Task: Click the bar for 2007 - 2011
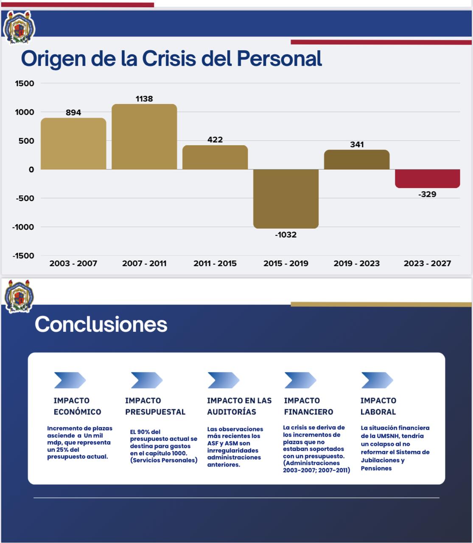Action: point(144,137)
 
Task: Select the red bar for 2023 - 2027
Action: point(428,178)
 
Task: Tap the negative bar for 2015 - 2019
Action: point(286,199)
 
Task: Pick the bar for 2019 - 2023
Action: point(357,160)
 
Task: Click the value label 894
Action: point(73,112)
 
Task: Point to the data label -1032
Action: point(286,235)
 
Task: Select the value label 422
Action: point(215,140)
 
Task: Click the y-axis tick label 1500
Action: point(25,84)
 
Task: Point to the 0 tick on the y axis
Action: point(31,170)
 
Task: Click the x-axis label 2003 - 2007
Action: point(73,263)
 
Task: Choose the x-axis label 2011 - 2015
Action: point(215,263)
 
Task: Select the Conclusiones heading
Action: point(101,324)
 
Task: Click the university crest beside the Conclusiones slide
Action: point(19,296)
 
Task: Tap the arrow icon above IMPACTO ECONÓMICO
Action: point(70,380)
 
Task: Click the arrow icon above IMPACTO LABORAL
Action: point(377,380)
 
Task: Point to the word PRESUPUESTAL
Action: point(155,412)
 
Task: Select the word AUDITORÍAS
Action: point(232,412)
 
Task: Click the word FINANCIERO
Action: point(308,412)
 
